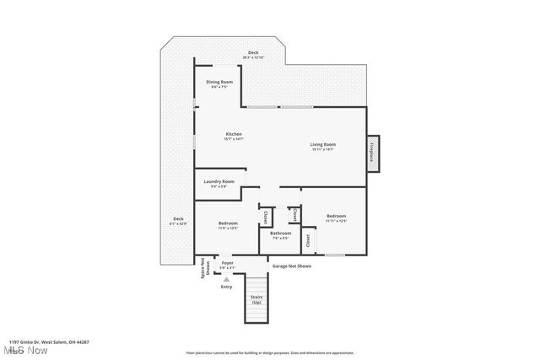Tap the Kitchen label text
point(234,135)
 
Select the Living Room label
point(323,144)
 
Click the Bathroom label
point(280,234)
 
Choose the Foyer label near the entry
point(227,263)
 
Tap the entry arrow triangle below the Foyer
point(226,278)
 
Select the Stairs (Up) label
point(256,299)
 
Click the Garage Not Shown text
point(291,266)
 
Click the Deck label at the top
point(253,52)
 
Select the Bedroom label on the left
point(227,223)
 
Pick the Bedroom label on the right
point(336,216)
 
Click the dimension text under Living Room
point(323,149)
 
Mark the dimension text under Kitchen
point(234,140)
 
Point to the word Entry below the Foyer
point(226,287)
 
